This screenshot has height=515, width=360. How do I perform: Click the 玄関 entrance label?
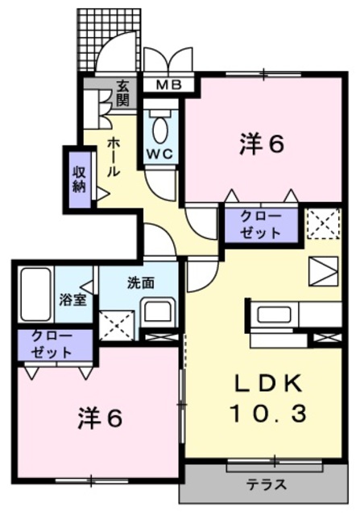pos(122,93)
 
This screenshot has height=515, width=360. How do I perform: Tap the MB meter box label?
pos(163,83)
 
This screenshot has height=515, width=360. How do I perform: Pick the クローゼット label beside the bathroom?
pos(52,344)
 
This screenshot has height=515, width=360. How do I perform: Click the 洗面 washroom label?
pos(141,282)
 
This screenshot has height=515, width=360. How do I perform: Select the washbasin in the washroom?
pos(158,311)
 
